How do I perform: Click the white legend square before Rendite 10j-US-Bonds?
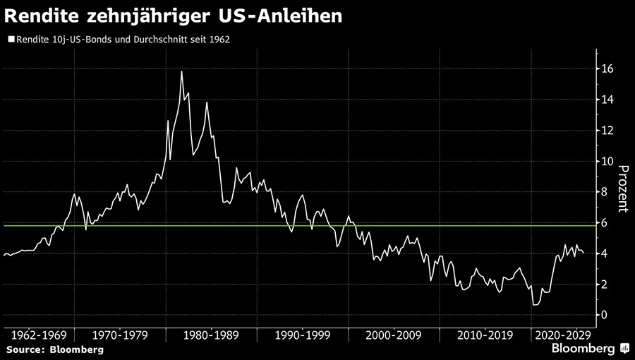[10, 40]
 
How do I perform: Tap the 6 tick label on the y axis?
[605, 222]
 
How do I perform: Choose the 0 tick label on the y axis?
[605, 315]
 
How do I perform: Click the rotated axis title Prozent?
[623, 188]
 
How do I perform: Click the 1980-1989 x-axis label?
[210, 335]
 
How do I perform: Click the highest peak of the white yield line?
[181, 71]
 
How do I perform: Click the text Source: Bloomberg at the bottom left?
[55, 349]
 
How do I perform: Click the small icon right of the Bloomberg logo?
[624, 349]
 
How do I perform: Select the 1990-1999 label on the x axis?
[301, 335]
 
